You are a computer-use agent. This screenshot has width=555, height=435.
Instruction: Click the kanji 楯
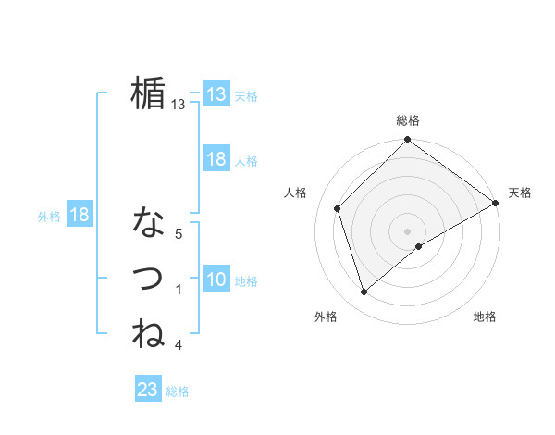(147, 93)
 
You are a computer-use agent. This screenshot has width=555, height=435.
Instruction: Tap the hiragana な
(148, 223)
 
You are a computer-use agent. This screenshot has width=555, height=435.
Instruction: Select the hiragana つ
(148, 279)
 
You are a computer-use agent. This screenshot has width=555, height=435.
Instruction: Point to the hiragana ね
(148, 333)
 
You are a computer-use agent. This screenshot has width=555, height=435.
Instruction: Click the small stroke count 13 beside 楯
(179, 105)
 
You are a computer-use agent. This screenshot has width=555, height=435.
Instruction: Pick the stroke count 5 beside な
(179, 234)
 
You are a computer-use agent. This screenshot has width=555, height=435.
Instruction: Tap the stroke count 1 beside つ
(179, 290)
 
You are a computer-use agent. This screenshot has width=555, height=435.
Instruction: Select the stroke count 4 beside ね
(179, 345)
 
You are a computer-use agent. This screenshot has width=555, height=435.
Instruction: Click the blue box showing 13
(216, 93)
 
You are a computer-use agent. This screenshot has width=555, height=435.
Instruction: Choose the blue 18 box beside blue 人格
(216, 159)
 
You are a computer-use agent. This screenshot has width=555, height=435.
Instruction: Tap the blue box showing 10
(216, 280)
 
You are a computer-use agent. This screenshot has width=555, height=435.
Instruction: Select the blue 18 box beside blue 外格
(80, 215)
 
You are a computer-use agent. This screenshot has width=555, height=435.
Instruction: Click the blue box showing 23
(148, 390)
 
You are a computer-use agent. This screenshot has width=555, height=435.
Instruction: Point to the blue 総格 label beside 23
(178, 391)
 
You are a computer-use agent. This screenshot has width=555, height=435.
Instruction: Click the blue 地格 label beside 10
(246, 281)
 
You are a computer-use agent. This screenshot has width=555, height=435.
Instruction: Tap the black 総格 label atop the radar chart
(408, 120)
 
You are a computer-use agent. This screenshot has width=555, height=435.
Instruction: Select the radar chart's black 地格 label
(485, 317)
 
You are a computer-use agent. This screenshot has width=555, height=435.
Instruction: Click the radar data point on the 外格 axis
(364, 292)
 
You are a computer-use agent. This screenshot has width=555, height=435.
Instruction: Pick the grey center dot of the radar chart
(408, 231)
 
